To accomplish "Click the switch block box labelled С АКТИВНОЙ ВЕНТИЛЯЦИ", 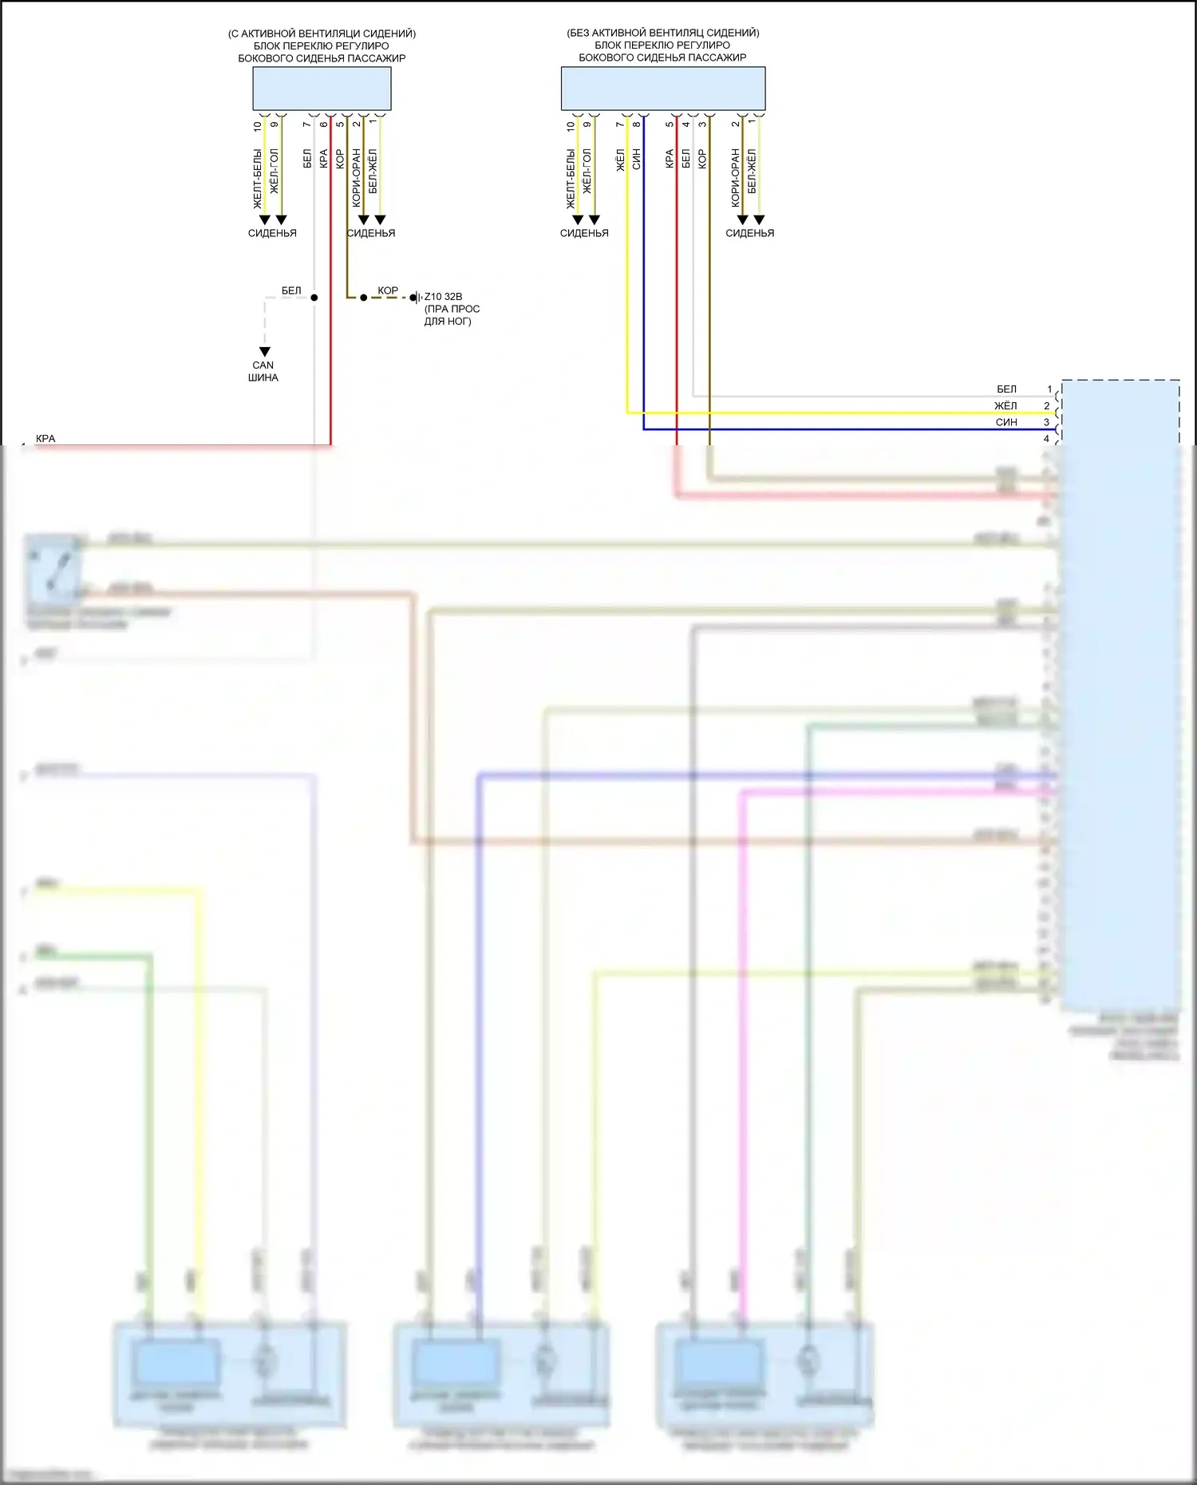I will click(x=322, y=88).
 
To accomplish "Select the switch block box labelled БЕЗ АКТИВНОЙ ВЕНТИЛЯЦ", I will click(x=662, y=88).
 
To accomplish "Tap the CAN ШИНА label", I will click(x=263, y=371).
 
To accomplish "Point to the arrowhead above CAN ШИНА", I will click(x=265, y=352).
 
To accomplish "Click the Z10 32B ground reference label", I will click(x=443, y=297).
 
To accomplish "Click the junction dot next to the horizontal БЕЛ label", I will click(x=314, y=298).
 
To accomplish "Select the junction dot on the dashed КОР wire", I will click(x=363, y=298).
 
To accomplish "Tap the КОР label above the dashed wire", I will click(x=388, y=290).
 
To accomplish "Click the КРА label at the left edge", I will click(x=45, y=439).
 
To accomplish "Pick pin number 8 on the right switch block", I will click(x=637, y=124).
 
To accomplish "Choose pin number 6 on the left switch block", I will click(x=324, y=124).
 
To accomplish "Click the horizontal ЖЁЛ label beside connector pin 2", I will click(x=1005, y=406).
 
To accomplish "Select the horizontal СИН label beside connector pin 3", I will click(x=1006, y=422).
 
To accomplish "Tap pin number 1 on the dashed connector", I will click(x=1049, y=389).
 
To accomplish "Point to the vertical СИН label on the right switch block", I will click(x=637, y=159).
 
